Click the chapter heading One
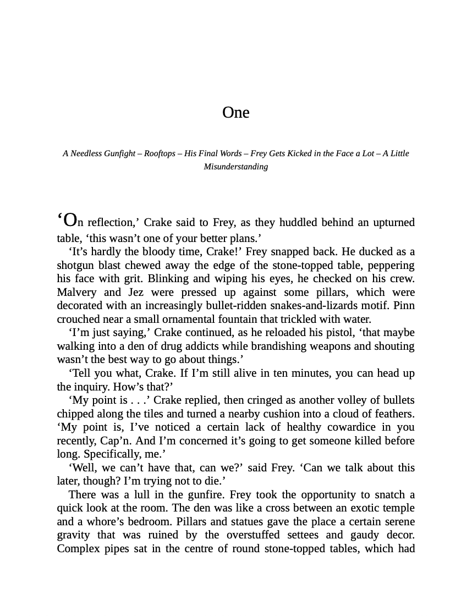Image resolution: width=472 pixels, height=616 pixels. point(235,113)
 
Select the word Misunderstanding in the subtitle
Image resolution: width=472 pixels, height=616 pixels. point(235,167)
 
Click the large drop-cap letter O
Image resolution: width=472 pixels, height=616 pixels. point(70,221)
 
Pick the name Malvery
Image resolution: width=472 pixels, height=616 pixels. point(76,292)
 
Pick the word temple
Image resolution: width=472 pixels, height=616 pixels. point(397,508)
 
